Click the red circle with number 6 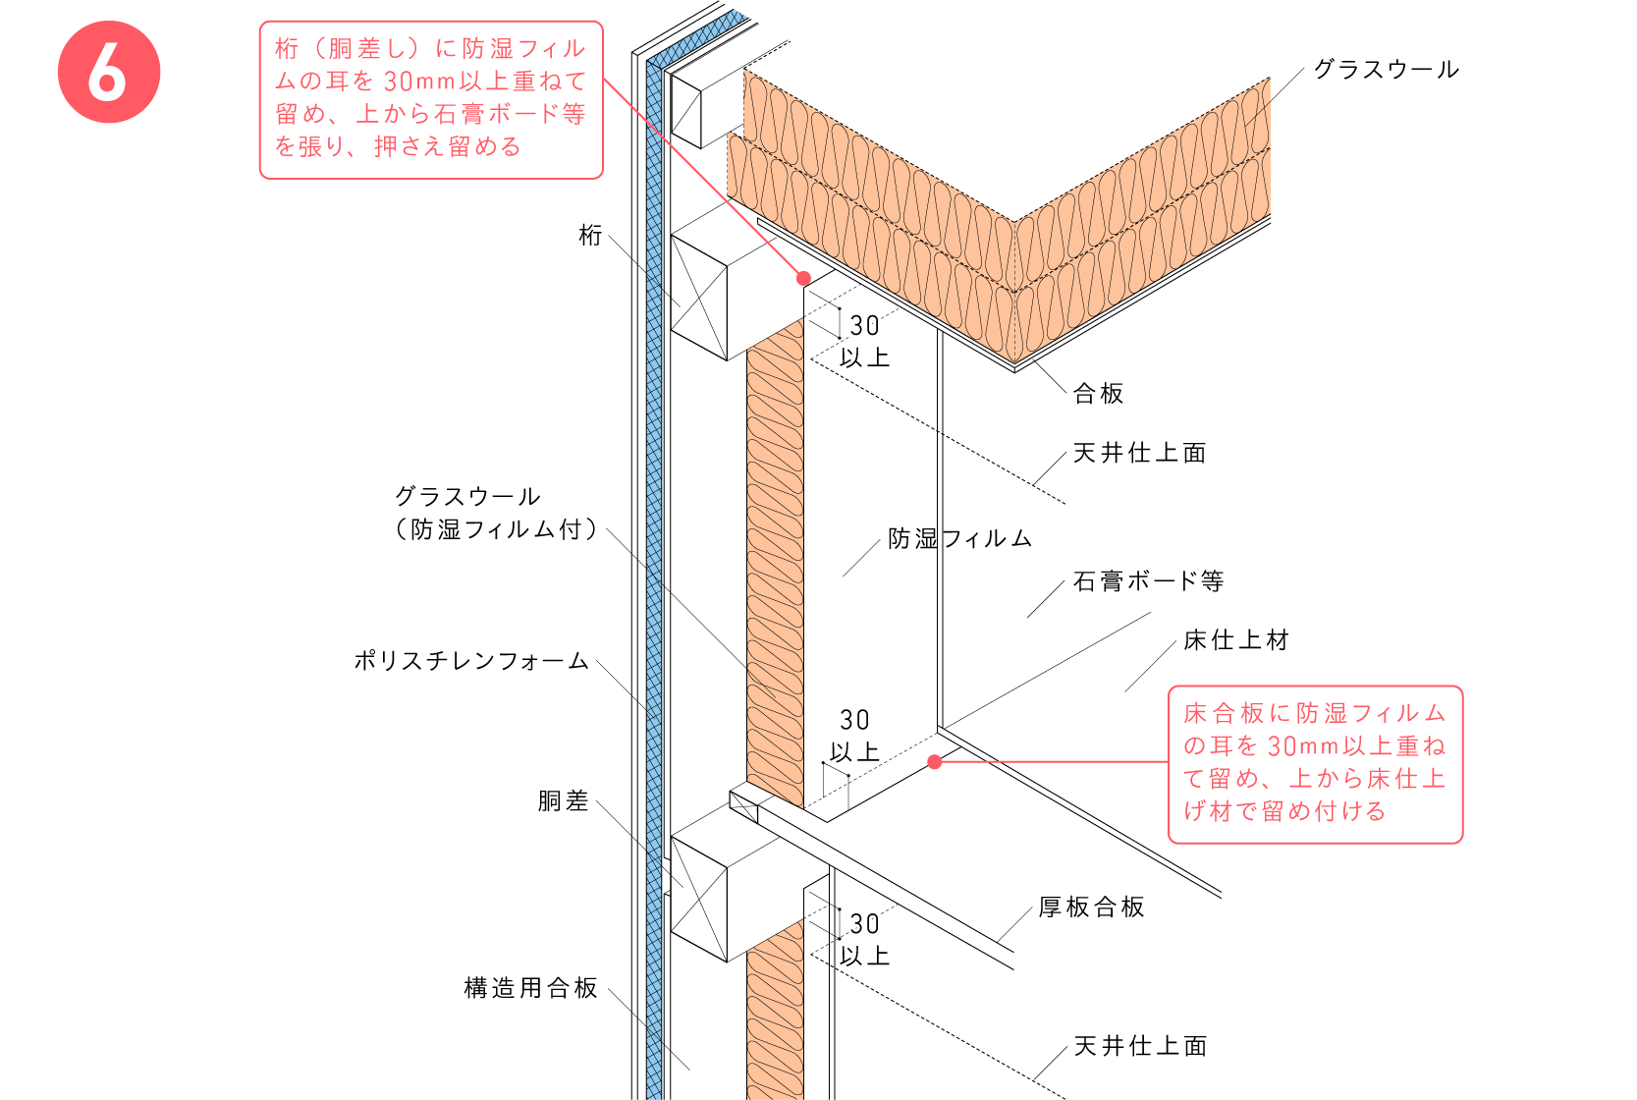click(109, 72)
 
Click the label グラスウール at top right click(1386, 70)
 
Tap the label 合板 click(1098, 394)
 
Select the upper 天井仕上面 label click(1139, 453)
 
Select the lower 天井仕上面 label click(1140, 1046)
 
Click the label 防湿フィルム click(959, 538)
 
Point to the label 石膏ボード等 click(1148, 581)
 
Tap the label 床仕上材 click(1235, 640)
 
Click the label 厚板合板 click(1091, 907)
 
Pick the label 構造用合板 click(530, 988)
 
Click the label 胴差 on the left click(563, 801)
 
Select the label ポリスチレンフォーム click(471, 661)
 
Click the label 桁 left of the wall click(590, 236)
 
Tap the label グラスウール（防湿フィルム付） click(496, 514)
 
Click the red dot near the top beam click(803, 278)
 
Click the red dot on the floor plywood click(934, 761)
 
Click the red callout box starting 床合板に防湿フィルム click(1315, 764)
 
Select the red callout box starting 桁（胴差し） click(431, 99)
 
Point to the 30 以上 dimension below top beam click(864, 341)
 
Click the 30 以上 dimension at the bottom click(864, 939)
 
